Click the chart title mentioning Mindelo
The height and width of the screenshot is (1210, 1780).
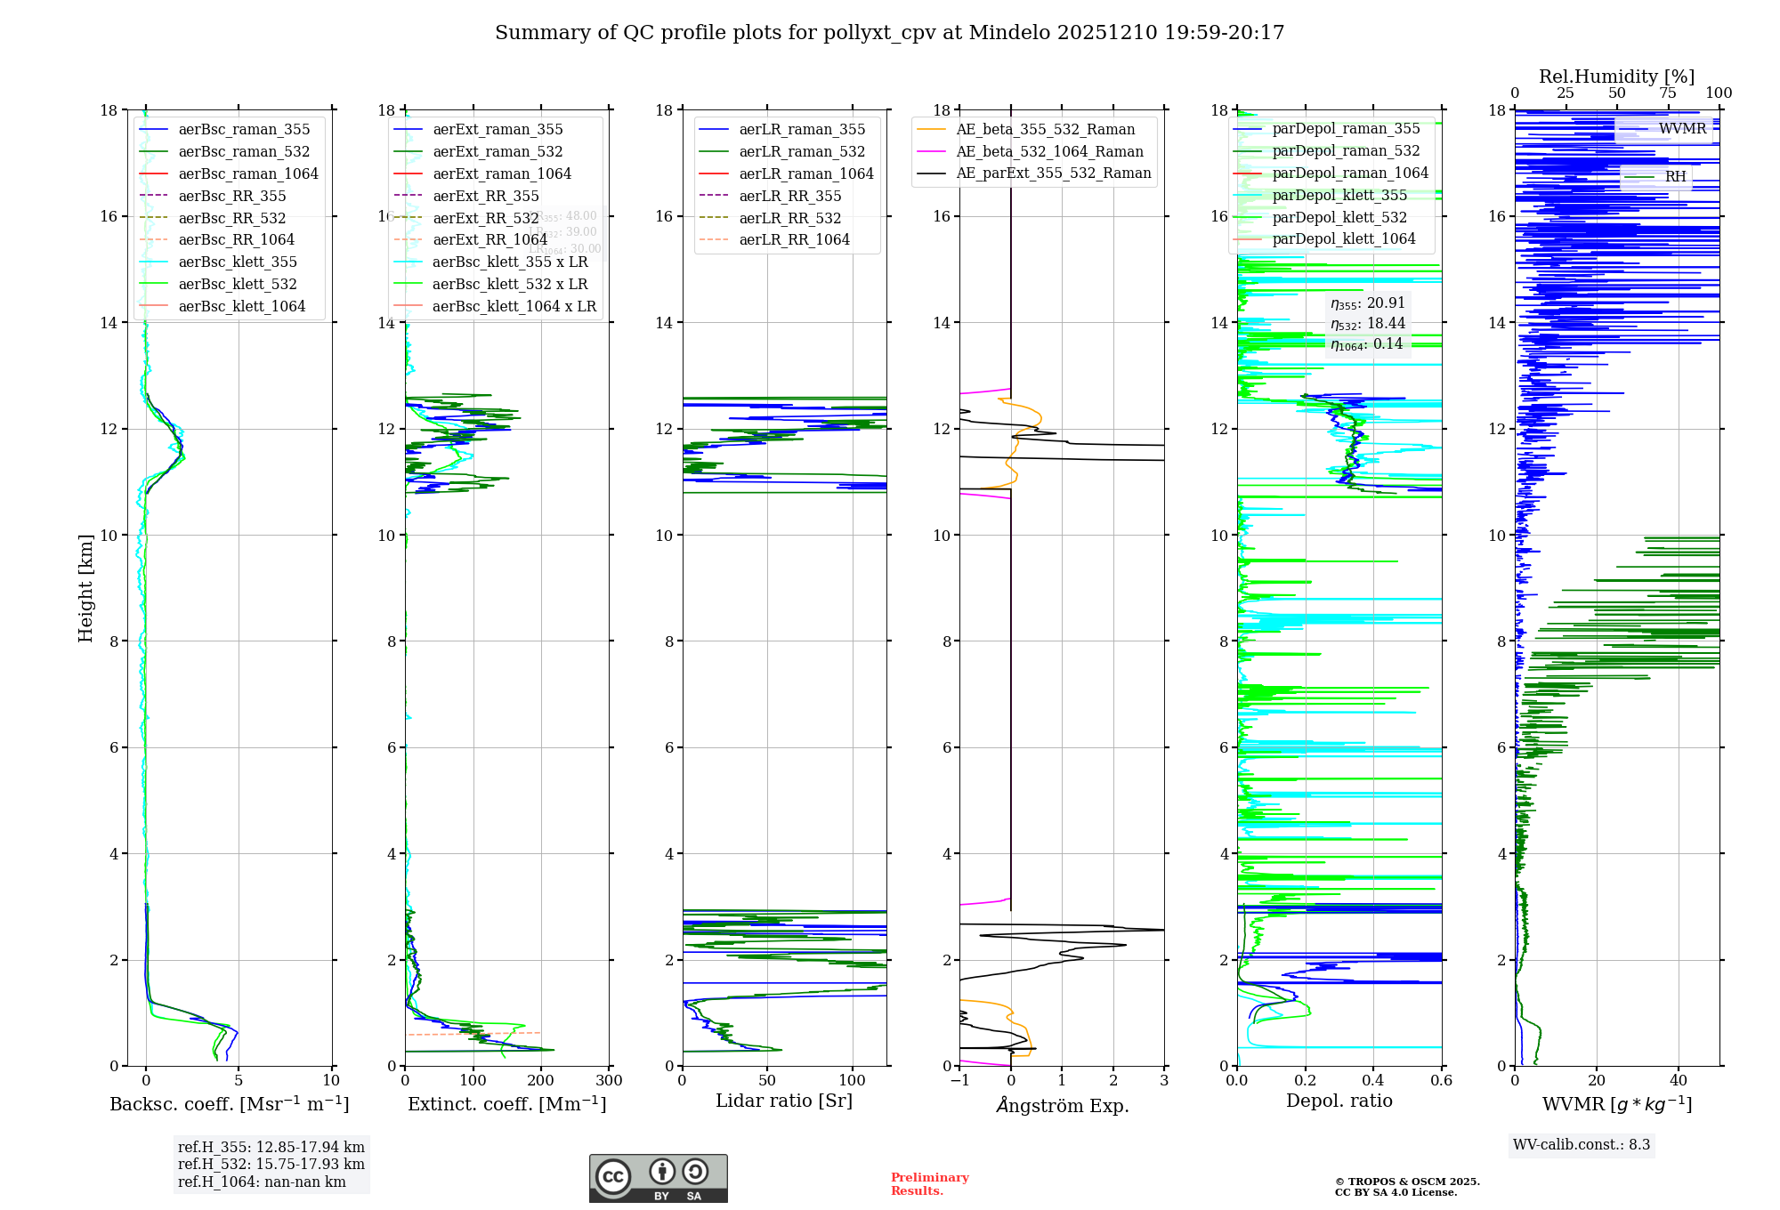(x=889, y=33)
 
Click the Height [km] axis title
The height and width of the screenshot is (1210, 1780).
(x=85, y=587)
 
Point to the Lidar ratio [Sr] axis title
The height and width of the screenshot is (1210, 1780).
(x=784, y=1101)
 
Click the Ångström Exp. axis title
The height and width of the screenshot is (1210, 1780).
(x=1062, y=1105)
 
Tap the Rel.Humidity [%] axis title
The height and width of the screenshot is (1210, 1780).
(x=1616, y=77)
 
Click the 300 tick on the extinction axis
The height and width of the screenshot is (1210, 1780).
(x=610, y=1081)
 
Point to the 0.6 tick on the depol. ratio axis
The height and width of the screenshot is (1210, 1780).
(x=1441, y=1081)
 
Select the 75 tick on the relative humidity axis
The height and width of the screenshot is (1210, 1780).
(x=1668, y=93)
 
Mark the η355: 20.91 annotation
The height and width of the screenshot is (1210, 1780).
(x=1367, y=303)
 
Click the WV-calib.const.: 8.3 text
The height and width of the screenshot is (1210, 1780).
(x=1582, y=1145)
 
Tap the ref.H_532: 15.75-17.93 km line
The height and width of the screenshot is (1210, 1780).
(x=271, y=1165)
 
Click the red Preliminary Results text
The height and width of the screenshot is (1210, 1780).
(x=929, y=1184)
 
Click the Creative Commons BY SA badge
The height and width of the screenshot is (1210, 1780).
(x=658, y=1179)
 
